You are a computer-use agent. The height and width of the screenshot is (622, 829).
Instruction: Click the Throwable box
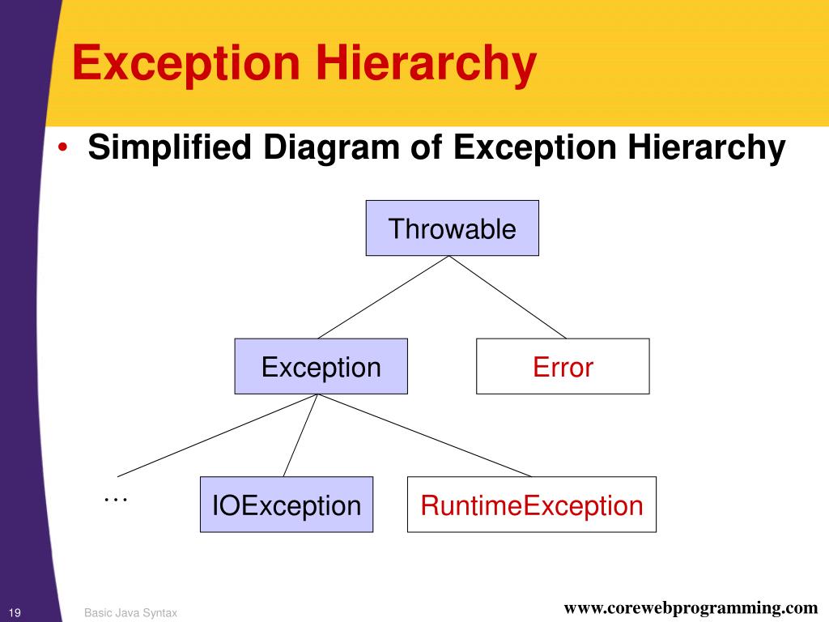[x=452, y=228]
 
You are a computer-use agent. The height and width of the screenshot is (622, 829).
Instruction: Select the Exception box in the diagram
[x=321, y=367]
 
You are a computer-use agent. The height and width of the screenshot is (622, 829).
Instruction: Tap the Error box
[x=563, y=367]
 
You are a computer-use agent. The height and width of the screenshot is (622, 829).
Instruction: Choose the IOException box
[x=287, y=505]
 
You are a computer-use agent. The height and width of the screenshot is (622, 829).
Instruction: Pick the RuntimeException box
[x=531, y=505]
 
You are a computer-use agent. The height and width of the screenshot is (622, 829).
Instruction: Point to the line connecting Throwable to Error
[x=508, y=297]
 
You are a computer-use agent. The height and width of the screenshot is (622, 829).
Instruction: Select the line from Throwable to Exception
[x=384, y=297]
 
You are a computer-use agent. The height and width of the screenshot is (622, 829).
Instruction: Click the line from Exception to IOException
[x=302, y=435]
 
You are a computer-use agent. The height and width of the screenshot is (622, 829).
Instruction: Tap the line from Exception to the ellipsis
[x=219, y=435]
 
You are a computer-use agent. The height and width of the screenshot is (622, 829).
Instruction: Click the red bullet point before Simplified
[x=64, y=150]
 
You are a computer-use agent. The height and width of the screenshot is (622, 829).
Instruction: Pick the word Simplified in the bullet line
[x=172, y=148]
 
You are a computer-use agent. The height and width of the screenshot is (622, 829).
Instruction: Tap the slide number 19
[x=15, y=611]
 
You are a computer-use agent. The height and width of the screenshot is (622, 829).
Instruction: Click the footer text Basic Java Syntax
[x=130, y=613]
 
